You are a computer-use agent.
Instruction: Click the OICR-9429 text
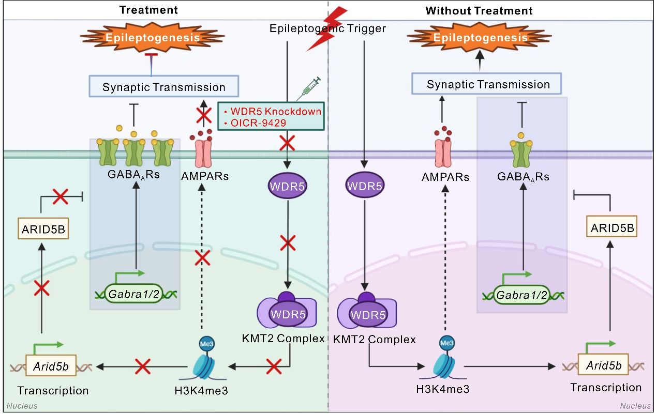tap(256, 123)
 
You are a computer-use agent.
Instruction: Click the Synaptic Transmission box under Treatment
tap(164, 87)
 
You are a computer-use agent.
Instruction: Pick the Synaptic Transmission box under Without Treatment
tap(488, 84)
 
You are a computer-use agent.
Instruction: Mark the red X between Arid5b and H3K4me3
tap(143, 367)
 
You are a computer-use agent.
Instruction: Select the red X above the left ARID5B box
tap(61, 196)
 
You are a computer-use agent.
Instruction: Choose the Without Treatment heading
tap(479, 10)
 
